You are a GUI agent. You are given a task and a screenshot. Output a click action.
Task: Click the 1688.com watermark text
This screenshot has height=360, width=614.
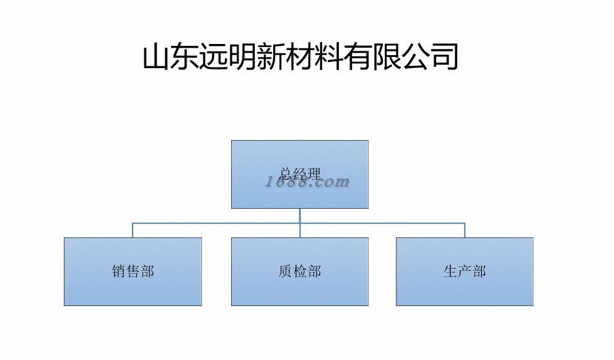click(308, 182)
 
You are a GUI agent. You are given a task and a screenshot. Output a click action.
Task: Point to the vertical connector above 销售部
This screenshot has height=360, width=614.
click(133, 230)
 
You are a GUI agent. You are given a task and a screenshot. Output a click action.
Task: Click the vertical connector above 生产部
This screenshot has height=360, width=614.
click(465, 230)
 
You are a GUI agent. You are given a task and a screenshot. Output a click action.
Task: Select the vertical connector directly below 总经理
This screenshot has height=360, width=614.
click(300, 215)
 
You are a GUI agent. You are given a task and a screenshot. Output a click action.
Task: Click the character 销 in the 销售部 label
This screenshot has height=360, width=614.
click(119, 271)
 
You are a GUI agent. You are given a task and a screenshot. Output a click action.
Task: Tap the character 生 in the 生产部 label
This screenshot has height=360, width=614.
click(450, 271)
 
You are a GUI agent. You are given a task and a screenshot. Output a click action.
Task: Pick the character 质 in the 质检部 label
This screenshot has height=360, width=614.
click(286, 271)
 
